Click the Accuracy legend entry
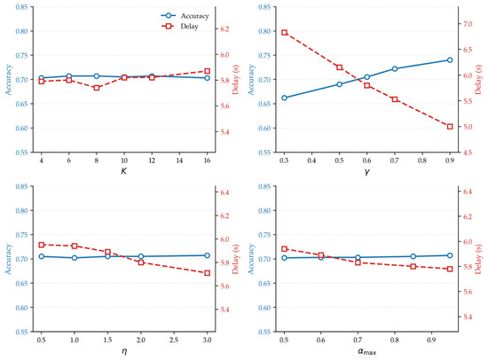[x=185, y=16]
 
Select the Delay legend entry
[x=180, y=27]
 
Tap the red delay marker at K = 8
[x=97, y=88]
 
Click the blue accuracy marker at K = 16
[x=207, y=78]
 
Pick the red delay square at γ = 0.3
[x=284, y=32]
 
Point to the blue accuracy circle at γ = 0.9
[x=450, y=60]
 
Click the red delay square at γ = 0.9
[x=450, y=127]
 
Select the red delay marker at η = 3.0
[x=207, y=273]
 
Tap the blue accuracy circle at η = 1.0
[x=75, y=258]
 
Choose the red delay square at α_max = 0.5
[x=284, y=249]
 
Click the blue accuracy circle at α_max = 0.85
[x=413, y=256]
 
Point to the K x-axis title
[x=124, y=171]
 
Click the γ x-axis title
[x=367, y=171]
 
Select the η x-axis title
[x=124, y=351]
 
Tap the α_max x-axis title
[x=367, y=352]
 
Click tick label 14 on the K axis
[x=179, y=160]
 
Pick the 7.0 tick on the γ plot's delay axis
[x=468, y=24]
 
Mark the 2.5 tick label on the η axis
[x=174, y=340]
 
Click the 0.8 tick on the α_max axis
[x=395, y=340]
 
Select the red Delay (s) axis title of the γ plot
[x=478, y=80]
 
